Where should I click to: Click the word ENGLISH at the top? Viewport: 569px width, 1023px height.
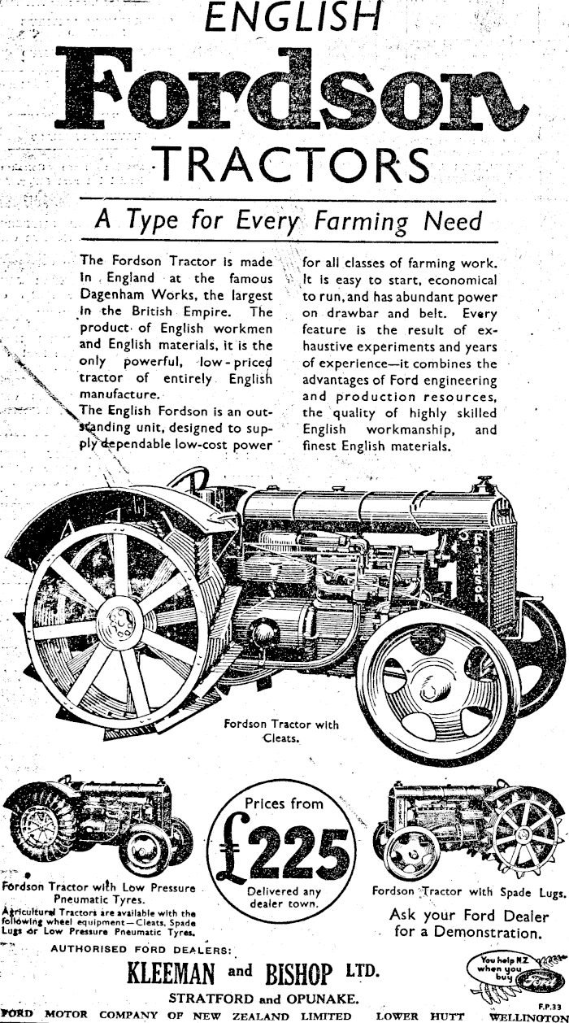290,17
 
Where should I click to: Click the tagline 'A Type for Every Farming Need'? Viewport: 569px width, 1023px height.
289,220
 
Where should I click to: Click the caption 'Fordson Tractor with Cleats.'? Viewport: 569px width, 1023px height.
280,731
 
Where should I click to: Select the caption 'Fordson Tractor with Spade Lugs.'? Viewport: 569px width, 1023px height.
468,891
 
